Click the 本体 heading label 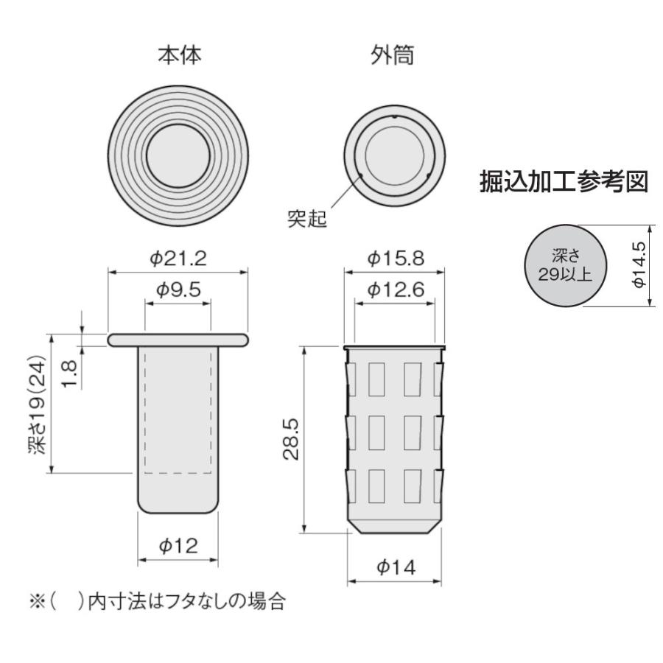[x=180, y=55]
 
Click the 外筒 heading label [x=393, y=55]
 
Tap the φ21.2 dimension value [x=178, y=258]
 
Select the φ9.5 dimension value [x=178, y=290]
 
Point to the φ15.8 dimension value [x=396, y=258]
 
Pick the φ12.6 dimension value [x=396, y=290]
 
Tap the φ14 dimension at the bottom [x=396, y=566]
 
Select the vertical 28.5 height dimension [x=291, y=439]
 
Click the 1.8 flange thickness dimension [x=69, y=373]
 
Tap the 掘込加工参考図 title [x=564, y=182]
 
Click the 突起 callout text [x=307, y=219]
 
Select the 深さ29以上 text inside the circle [x=565, y=265]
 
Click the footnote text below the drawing [x=158, y=602]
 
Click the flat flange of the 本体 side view [x=178, y=340]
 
